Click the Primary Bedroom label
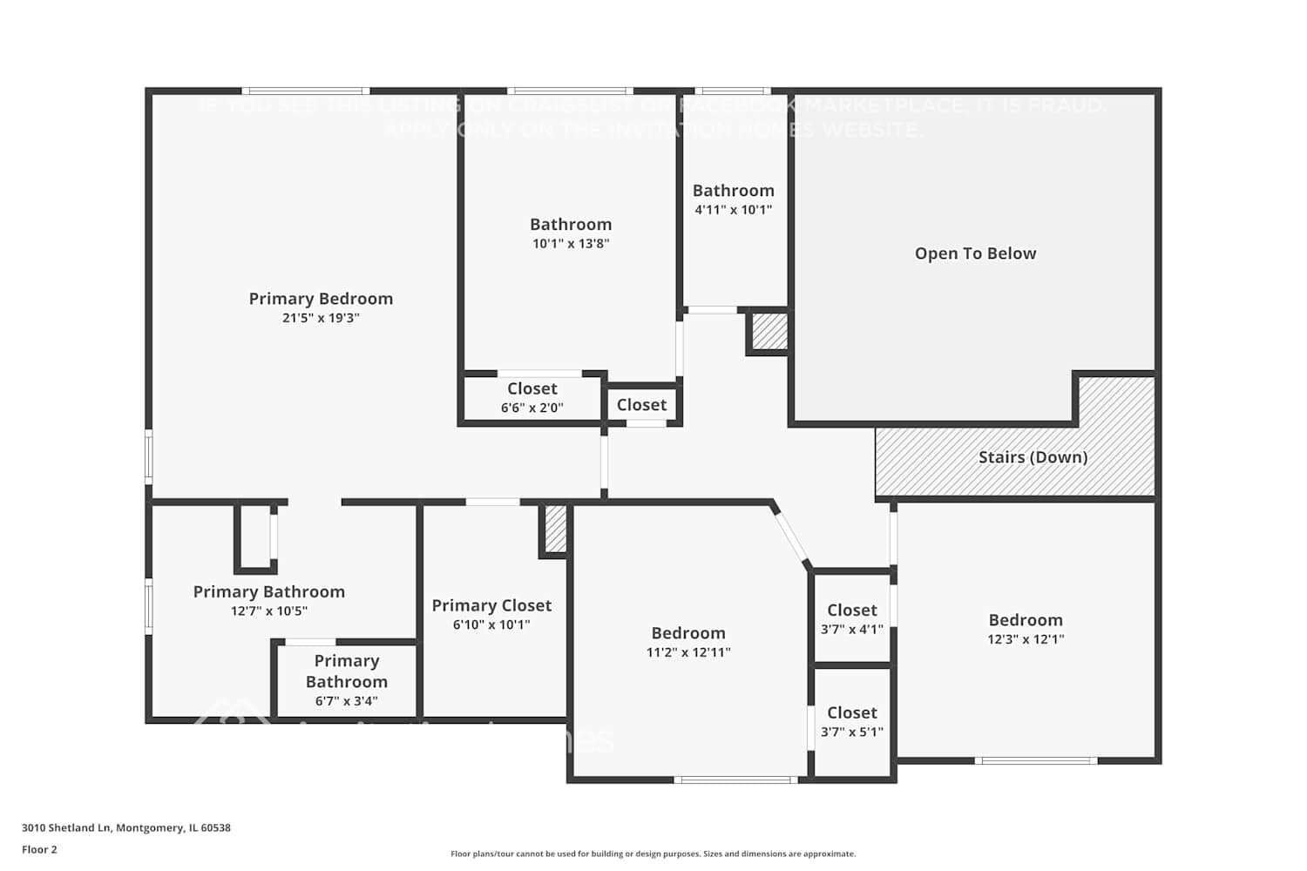321,299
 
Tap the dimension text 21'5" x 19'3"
321,318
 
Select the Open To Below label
975,253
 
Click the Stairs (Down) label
1033,457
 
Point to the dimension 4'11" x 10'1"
733,210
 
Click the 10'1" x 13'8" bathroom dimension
571,244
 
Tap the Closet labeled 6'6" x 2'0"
532,388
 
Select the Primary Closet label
491,605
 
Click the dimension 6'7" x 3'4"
346,701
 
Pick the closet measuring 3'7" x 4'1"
851,611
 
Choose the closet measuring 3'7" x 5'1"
851,712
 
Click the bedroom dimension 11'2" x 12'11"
688,652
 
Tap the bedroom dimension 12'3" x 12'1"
1026,639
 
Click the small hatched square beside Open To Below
769,332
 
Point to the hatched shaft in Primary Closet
555,529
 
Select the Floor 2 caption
39,849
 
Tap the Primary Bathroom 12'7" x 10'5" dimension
268,611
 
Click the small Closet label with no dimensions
641,405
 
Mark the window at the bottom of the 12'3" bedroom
1035,760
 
